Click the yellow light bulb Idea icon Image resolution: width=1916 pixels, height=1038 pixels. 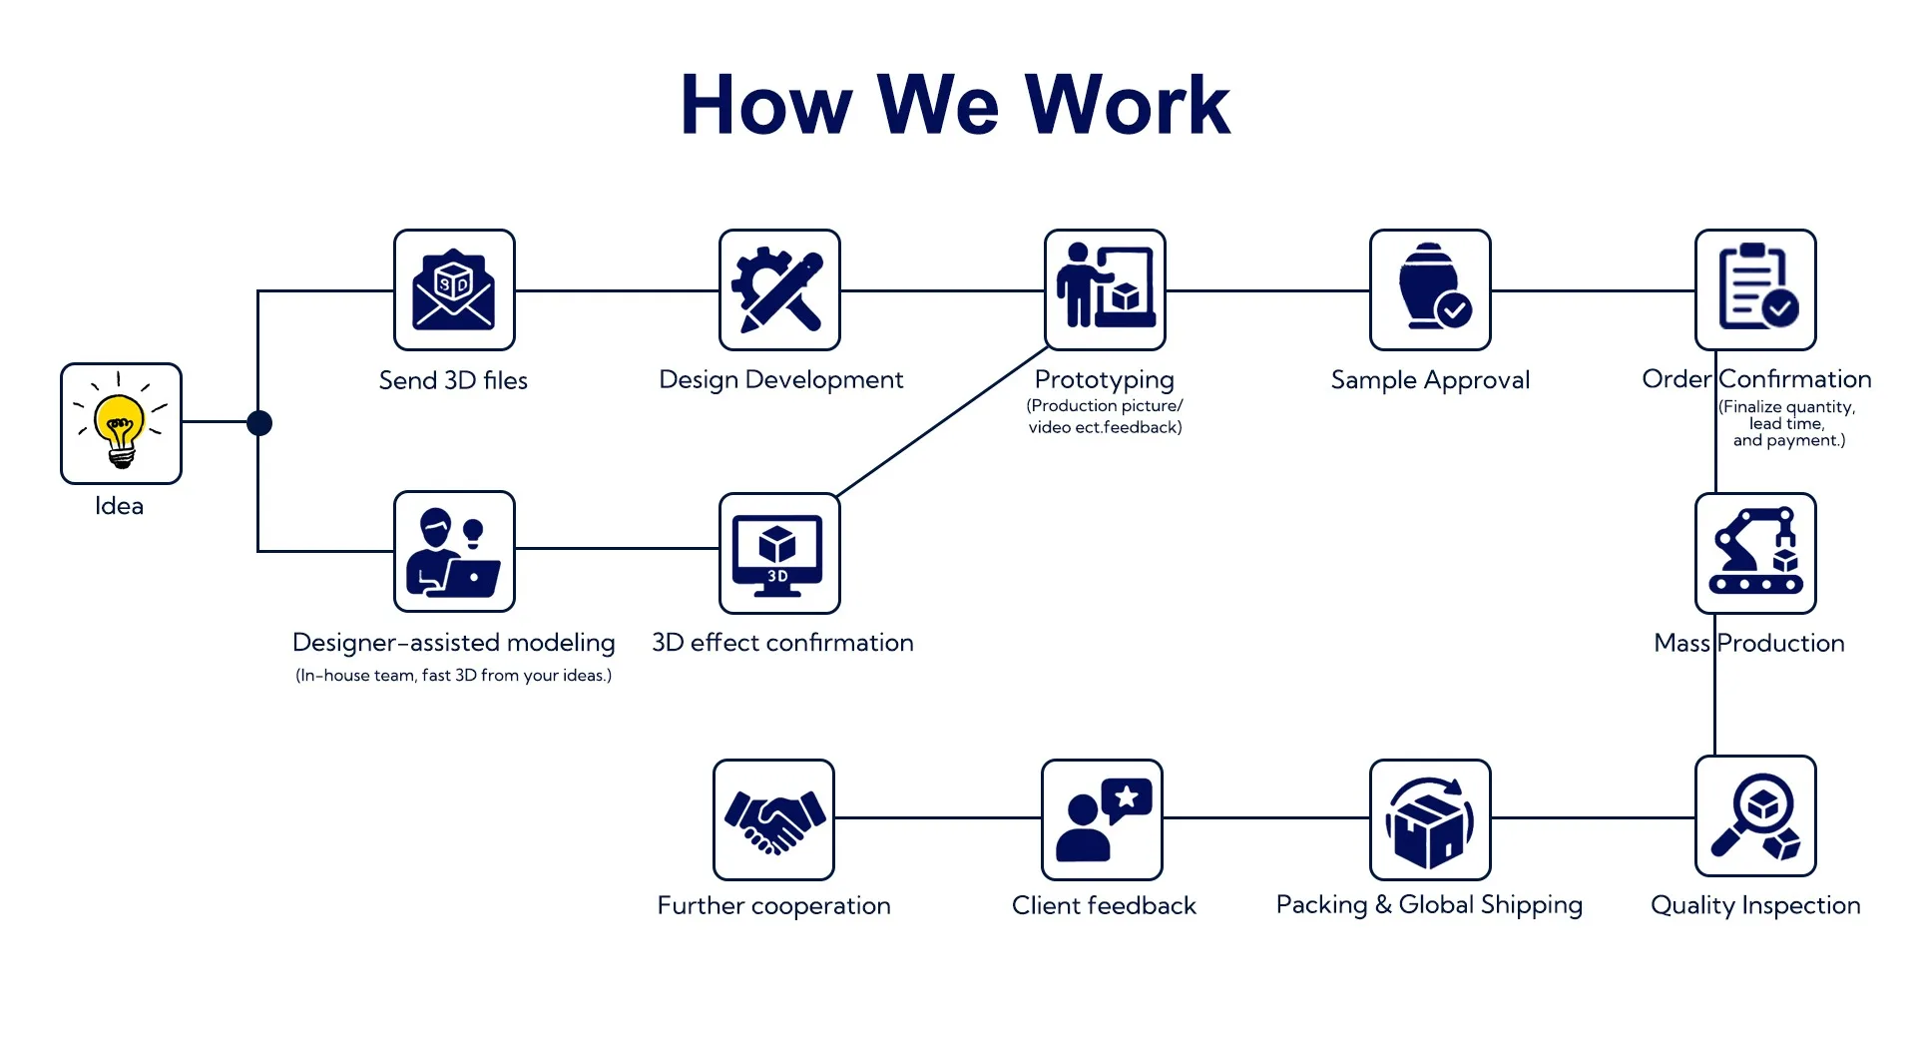coord(121,423)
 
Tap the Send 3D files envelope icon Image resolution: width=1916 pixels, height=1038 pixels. coord(454,289)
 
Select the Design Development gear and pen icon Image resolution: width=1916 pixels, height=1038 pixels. coord(779,289)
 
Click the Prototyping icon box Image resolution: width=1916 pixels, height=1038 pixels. coord(1105,289)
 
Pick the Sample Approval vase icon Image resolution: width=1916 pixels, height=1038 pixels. coord(1430,289)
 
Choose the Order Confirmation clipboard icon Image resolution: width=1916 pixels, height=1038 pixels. coord(1755,289)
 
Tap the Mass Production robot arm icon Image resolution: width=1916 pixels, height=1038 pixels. coord(1755,553)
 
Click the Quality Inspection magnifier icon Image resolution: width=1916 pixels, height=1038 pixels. coord(1755,816)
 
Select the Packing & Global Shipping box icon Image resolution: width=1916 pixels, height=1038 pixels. coord(1430,819)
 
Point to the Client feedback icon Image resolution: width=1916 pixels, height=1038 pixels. coord(1102,819)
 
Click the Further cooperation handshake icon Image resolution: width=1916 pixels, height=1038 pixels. coord(773,819)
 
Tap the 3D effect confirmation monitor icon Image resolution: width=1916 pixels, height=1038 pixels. coord(779,553)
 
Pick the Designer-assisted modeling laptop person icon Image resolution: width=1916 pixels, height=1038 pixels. coord(454,551)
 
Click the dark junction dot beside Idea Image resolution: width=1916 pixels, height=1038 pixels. coord(259,423)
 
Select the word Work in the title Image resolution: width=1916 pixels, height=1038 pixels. coord(1128,105)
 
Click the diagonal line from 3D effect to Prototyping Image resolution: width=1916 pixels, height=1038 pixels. coord(942,421)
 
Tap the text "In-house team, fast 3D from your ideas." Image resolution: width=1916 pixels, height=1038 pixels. coord(454,676)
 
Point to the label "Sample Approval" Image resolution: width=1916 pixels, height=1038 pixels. coord(1430,380)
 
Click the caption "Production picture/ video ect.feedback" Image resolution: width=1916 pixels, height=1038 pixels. coord(1105,416)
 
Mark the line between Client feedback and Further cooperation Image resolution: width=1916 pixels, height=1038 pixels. coord(938,817)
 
